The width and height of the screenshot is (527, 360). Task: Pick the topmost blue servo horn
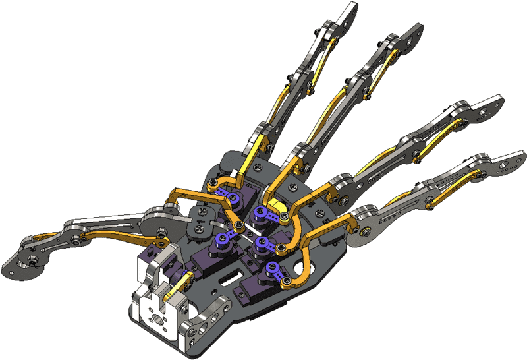[227, 195]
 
